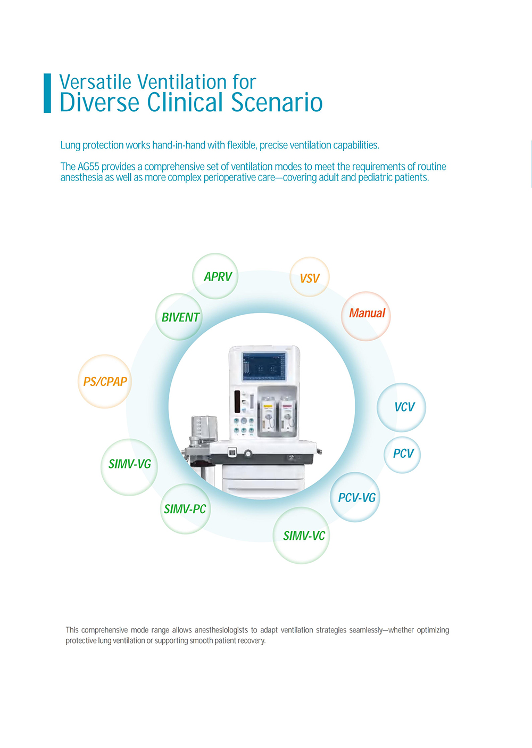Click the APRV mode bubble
pos(215,276)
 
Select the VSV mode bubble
pos(310,277)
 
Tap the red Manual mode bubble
pos(366,316)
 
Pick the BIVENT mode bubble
pos(179,317)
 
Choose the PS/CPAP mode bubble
pos(105,381)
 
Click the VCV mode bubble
pos(402,407)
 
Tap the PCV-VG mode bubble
pos(355,497)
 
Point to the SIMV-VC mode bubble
pos(301,536)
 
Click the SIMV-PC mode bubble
pos(186,509)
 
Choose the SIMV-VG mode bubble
pos(129,467)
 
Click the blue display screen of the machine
pos(264,366)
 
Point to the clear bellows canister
pos(204,426)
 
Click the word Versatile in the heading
pos(95,82)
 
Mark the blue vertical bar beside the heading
pos(47,93)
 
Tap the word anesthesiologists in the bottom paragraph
pos(221,630)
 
